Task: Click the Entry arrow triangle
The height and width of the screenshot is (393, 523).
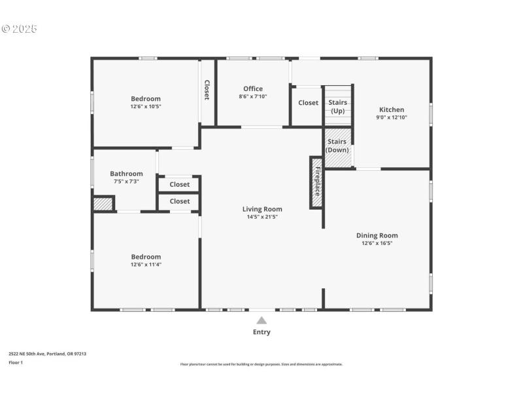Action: point(261,320)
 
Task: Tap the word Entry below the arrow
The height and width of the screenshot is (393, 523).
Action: point(261,332)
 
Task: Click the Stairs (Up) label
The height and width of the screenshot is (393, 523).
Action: point(337,107)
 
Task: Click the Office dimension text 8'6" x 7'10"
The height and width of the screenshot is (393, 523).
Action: point(253,96)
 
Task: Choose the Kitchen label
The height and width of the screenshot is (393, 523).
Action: point(391,109)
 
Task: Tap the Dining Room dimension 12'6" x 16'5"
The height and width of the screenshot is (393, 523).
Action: point(377,243)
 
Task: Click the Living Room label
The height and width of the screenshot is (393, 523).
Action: point(264,209)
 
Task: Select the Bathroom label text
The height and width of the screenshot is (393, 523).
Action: point(126,174)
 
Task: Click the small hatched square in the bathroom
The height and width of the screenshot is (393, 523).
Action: point(103,204)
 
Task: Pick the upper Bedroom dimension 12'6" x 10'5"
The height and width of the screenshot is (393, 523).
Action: point(145,106)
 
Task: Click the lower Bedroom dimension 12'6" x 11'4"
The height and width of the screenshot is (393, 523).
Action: point(145,265)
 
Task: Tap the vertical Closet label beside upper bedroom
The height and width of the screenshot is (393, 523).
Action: point(207,90)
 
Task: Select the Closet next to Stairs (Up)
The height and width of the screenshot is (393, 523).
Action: point(309,103)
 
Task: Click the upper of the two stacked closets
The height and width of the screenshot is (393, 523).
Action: point(179,185)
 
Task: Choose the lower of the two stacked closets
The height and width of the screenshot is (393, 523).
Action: point(179,202)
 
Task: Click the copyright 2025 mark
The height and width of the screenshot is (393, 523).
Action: point(20,29)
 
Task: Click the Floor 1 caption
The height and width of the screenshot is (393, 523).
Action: point(16,362)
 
